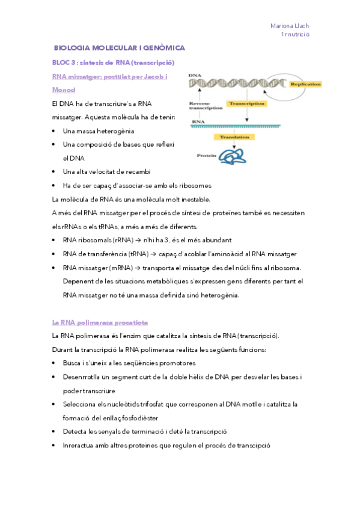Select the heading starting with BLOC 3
click(114, 63)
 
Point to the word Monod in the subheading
click(64, 90)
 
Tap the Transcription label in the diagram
click(247, 103)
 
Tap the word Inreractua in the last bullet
click(77, 446)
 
